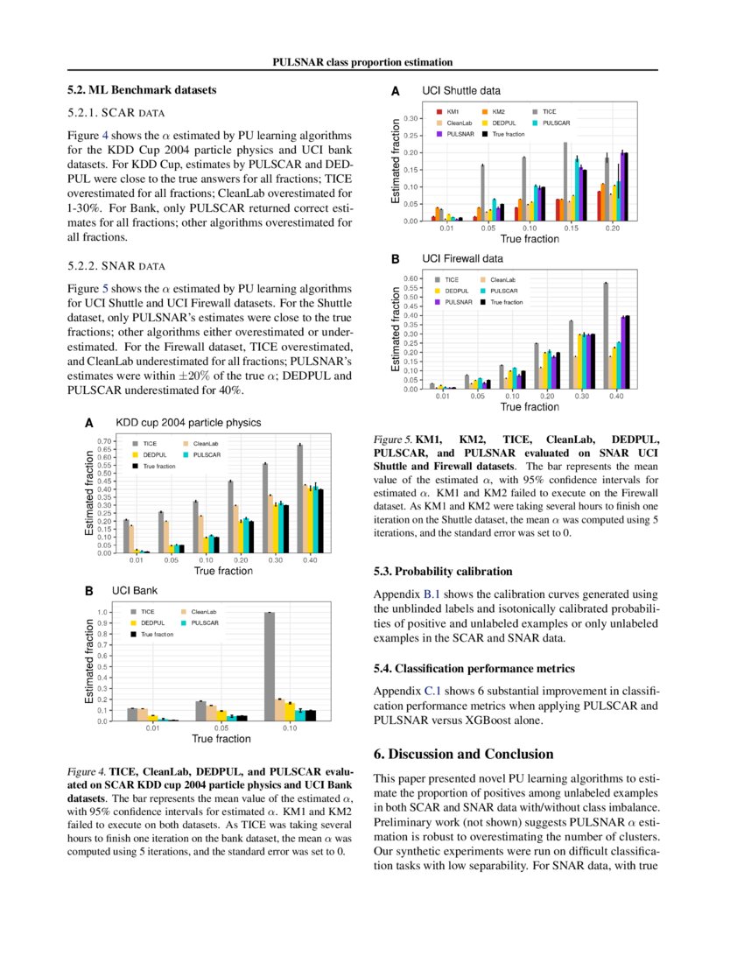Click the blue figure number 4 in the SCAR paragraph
[x=106, y=136]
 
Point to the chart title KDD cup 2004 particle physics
[x=188, y=422]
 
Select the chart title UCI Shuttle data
[x=461, y=90]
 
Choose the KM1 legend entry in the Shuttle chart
[x=452, y=112]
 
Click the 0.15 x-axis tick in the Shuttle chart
[x=572, y=228]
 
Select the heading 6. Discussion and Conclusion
[x=463, y=754]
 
